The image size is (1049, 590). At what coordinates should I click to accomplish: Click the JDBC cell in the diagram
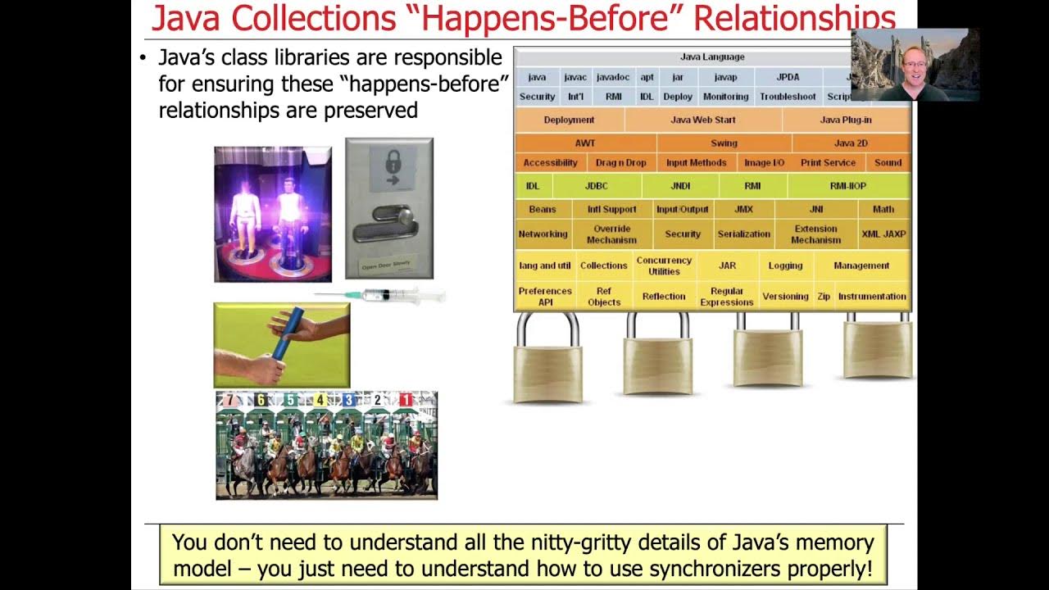(x=596, y=186)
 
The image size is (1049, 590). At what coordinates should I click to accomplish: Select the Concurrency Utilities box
(x=664, y=265)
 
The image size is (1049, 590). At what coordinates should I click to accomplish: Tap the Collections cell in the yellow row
(x=603, y=265)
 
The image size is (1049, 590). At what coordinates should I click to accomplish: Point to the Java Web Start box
(x=702, y=120)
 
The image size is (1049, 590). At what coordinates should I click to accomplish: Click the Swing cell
(x=724, y=143)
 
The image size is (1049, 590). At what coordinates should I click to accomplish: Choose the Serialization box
(x=743, y=234)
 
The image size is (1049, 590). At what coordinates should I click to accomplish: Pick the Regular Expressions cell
(x=726, y=297)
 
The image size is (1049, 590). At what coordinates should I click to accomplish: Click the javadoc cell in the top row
(x=613, y=77)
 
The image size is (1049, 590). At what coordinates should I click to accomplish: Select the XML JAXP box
(x=883, y=234)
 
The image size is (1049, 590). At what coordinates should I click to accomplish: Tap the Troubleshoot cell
(x=787, y=97)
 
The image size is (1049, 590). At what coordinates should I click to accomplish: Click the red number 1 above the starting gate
(x=405, y=400)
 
